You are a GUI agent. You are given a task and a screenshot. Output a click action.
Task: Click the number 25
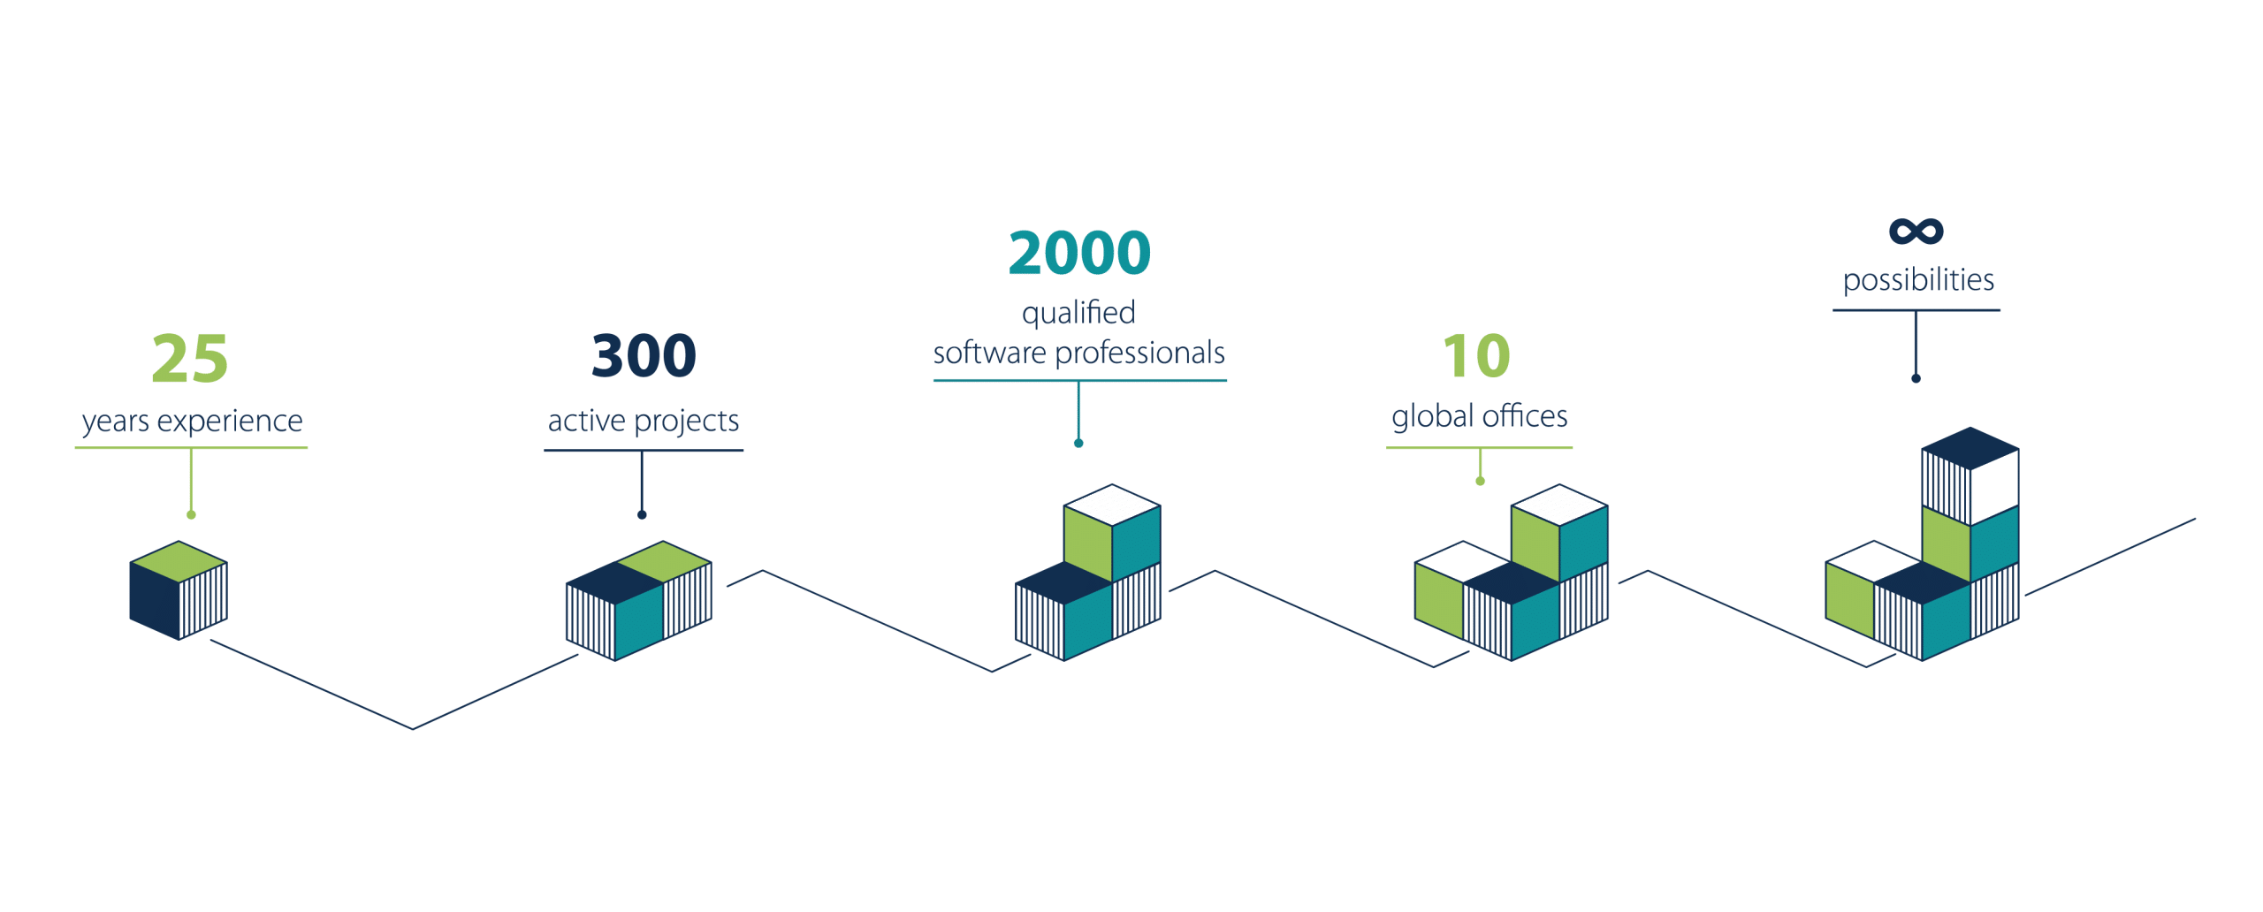click(190, 359)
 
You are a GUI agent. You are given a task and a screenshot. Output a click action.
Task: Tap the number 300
click(644, 356)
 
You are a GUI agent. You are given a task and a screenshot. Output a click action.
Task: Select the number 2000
click(1079, 253)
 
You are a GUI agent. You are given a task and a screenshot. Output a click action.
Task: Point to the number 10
click(1476, 356)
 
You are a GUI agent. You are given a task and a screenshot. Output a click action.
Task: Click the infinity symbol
click(1916, 232)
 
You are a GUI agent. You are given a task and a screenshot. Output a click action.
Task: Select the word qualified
click(1078, 313)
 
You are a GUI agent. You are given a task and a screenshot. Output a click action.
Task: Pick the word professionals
click(1140, 353)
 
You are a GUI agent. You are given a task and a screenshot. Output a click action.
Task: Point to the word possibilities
click(1918, 281)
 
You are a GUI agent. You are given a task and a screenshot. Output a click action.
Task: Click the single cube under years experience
click(179, 590)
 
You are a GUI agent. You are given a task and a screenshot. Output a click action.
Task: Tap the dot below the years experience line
click(191, 514)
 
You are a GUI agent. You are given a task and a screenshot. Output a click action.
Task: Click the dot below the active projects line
click(642, 514)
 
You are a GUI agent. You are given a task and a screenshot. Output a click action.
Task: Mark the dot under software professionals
click(1078, 443)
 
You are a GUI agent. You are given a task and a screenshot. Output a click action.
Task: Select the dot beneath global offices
click(1480, 481)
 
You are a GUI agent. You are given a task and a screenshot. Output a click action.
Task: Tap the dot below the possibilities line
click(1916, 378)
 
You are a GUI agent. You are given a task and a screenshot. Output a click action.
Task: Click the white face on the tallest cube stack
click(1994, 486)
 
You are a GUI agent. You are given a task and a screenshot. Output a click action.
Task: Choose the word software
click(990, 353)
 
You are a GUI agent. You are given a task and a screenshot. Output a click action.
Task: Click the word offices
click(1526, 416)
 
